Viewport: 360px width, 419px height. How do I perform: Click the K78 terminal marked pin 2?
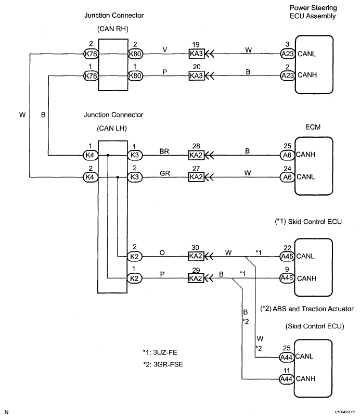pos(91,53)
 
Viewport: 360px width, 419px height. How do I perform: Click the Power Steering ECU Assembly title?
pos(314,12)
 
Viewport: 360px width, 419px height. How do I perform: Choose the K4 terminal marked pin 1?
pos(91,155)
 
